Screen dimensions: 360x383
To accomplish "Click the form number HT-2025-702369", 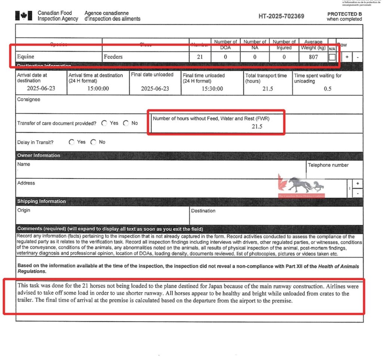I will [x=281, y=16].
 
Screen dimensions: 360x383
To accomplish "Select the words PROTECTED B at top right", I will [x=344, y=14].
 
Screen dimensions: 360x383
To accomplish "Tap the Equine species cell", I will [x=26, y=57].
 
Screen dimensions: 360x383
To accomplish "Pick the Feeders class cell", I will [x=113, y=57].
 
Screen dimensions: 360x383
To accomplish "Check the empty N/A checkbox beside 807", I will [x=332, y=57].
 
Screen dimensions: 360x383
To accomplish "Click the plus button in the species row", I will [x=347, y=57].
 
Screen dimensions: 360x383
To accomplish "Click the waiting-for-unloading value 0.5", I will [x=328, y=89].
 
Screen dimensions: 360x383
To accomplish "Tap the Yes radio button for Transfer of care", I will [x=104, y=123].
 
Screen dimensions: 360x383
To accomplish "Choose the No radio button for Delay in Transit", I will [x=93, y=142].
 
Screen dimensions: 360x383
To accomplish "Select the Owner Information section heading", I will [x=39, y=155].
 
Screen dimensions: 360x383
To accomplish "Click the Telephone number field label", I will [x=328, y=165].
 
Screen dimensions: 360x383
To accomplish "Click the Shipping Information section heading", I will [x=42, y=201].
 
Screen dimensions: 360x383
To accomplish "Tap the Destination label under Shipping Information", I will [x=203, y=211].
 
